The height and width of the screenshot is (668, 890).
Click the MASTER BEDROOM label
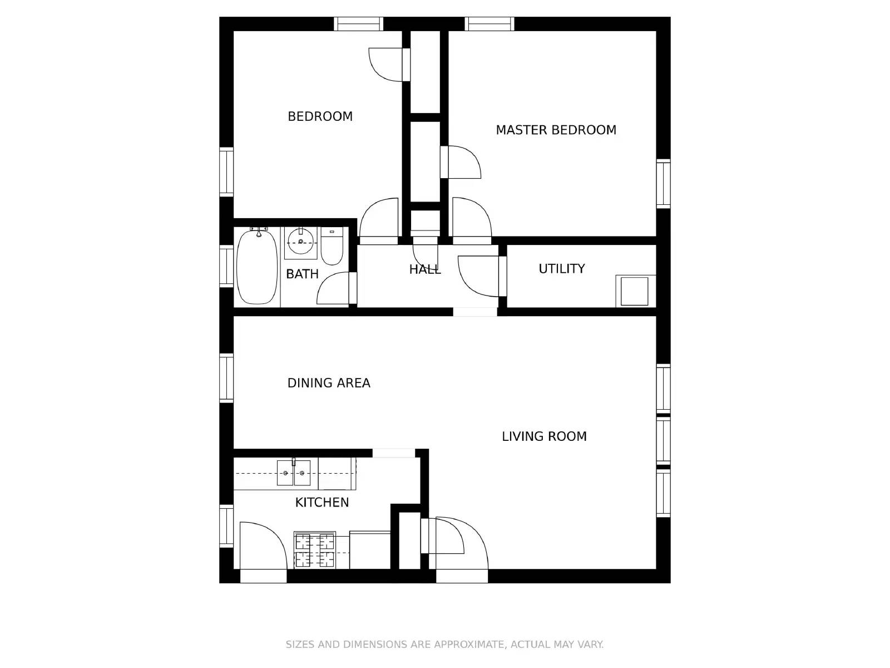[x=556, y=130]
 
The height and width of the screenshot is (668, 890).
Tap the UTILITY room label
[x=562, y=268]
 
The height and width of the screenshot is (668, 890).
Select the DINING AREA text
[x=328, y=383]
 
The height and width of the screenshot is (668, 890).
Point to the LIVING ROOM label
[x=544, y=436]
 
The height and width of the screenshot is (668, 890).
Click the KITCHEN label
[x=322, y=503]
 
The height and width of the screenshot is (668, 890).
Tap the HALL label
[x=424, y=269]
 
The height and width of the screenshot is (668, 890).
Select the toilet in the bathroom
[x=332, y=246]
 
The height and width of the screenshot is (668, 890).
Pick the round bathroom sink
[x=300, y=242]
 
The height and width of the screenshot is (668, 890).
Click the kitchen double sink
[x=294, y=473]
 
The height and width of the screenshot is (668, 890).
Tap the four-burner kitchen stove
[x=315, y=550]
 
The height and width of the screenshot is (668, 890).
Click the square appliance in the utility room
[x=634, y=291]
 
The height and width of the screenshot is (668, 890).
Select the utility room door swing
[x=478, y=276]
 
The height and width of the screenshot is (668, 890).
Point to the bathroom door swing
[x=333, y=288]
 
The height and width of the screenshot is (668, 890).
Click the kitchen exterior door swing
[x=263, y=546]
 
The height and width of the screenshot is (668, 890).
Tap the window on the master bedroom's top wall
[x=489, y=24]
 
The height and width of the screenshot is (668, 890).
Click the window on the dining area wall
[x=226, y=378]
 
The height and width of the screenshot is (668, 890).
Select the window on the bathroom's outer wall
[x=226, y=266]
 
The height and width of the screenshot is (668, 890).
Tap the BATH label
[x=302, y=274]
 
